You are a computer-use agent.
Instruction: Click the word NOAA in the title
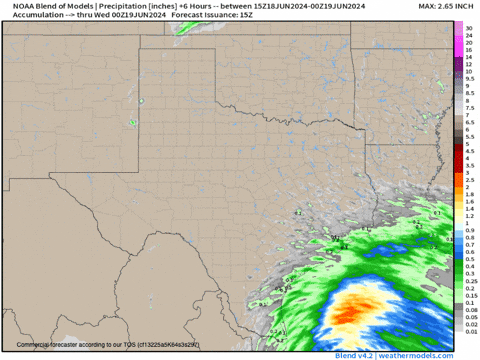click(x=23, y=6)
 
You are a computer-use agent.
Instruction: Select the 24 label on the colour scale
click(x=468, y=38)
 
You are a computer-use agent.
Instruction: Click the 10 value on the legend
click(x=468, y=71)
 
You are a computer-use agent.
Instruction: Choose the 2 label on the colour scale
click(x=468, y=188)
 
